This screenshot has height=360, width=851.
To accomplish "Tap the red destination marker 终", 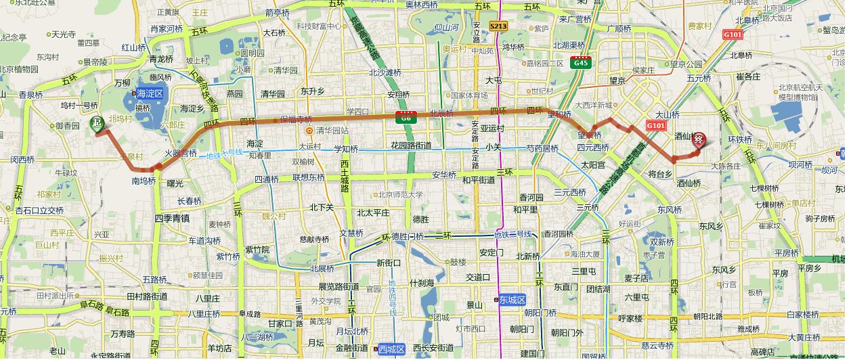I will [x=700, y=139].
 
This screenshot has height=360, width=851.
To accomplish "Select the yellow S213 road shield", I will [x=498, y=26].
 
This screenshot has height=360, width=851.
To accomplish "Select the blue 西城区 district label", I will [x=391, y=349].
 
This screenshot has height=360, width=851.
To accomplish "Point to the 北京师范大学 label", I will [x=400, y=195].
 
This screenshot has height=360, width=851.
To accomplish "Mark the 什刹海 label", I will [x=423, y=283].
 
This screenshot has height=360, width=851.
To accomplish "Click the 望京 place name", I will [x=617, y=80].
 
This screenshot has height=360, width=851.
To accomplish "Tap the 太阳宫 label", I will [x=592, y=164].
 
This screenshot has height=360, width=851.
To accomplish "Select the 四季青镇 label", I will [x=172, y=218].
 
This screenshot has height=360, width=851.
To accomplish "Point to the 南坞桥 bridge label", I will [x=144, y=181].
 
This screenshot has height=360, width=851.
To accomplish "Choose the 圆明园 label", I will [x=253, y=53].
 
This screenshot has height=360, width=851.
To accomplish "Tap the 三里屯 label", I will [x=583, y=271].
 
